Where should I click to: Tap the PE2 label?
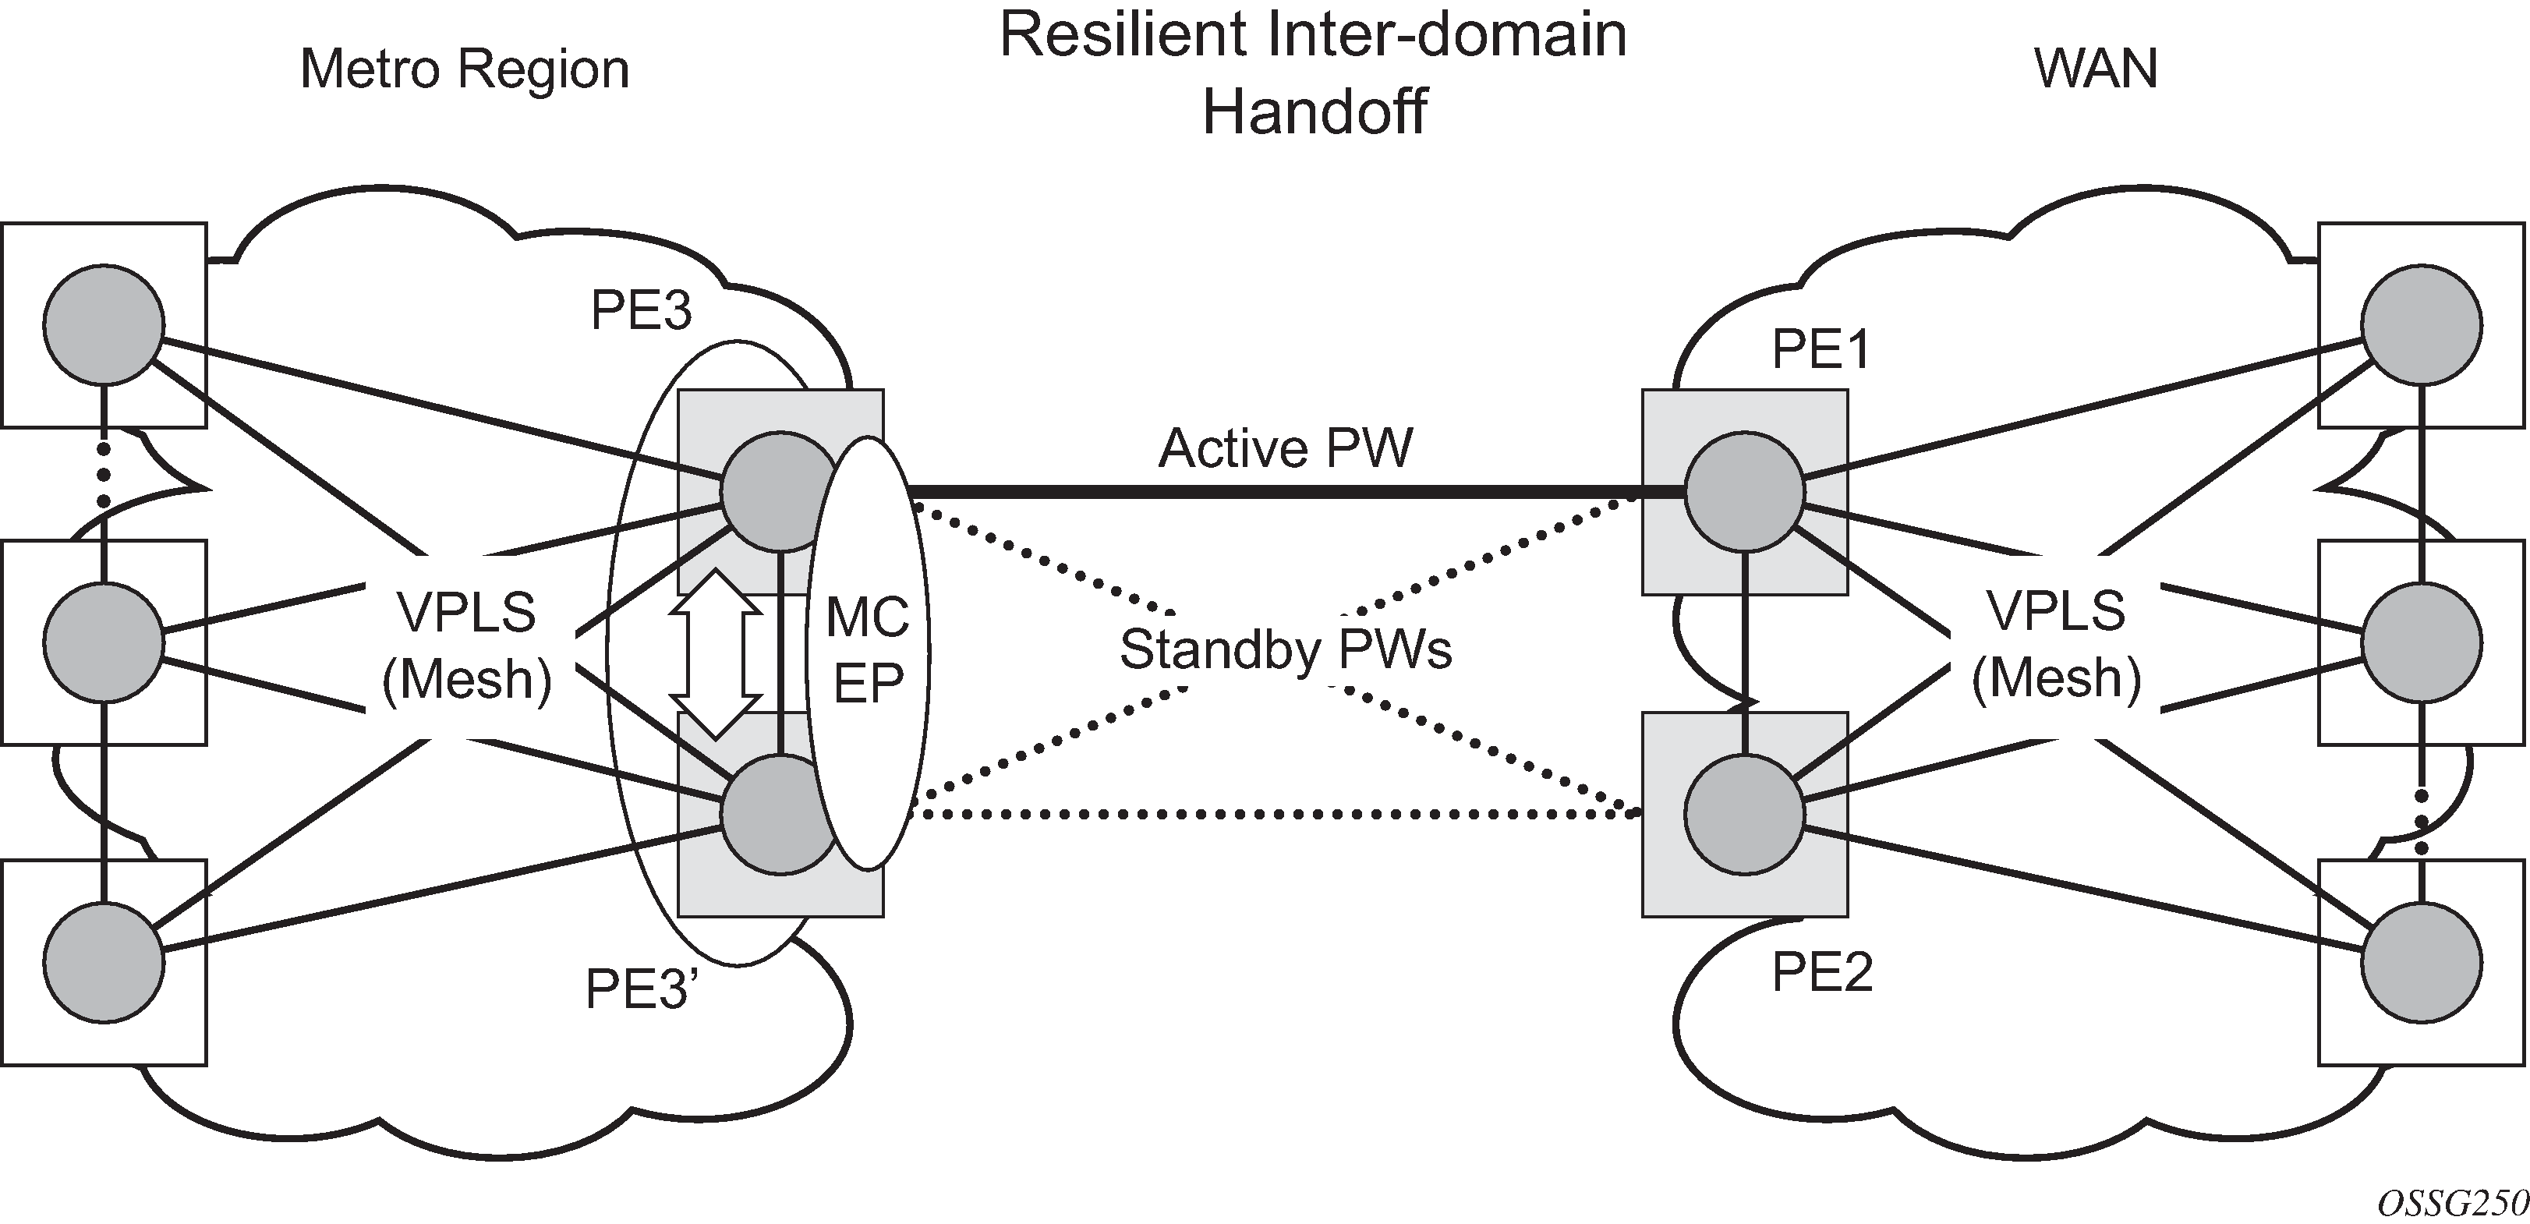(x=1822, y=974)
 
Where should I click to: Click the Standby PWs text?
(x=1285, y=650)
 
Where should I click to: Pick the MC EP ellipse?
(x=869, y=653)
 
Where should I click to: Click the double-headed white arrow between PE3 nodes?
(x=716, y=653)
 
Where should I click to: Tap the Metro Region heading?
(x=464, y=69)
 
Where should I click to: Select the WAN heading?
(x=2096, y=69)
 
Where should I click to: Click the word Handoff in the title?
(x=1314, y=112)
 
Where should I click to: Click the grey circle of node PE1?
(x=1744, y=491)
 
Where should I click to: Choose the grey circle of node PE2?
(x=1744, y=813)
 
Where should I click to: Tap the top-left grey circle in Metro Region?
(x=103, y=324)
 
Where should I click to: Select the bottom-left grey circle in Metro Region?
(x=103, y=963)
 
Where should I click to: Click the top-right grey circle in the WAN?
(x=2422, y=324)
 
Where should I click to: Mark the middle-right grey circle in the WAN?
(x=2422, y=642)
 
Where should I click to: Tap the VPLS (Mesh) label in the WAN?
(x=2057, y=645)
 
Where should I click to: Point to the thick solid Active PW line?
(x=1277, y=491)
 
